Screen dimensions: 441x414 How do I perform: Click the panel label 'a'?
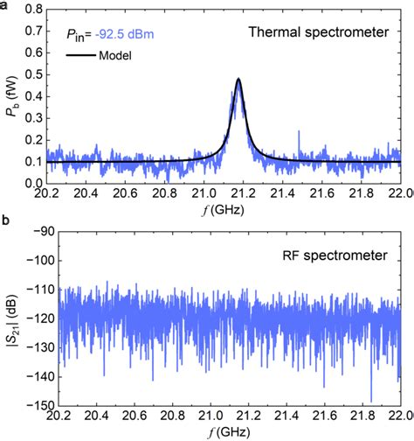click(5, 5)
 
